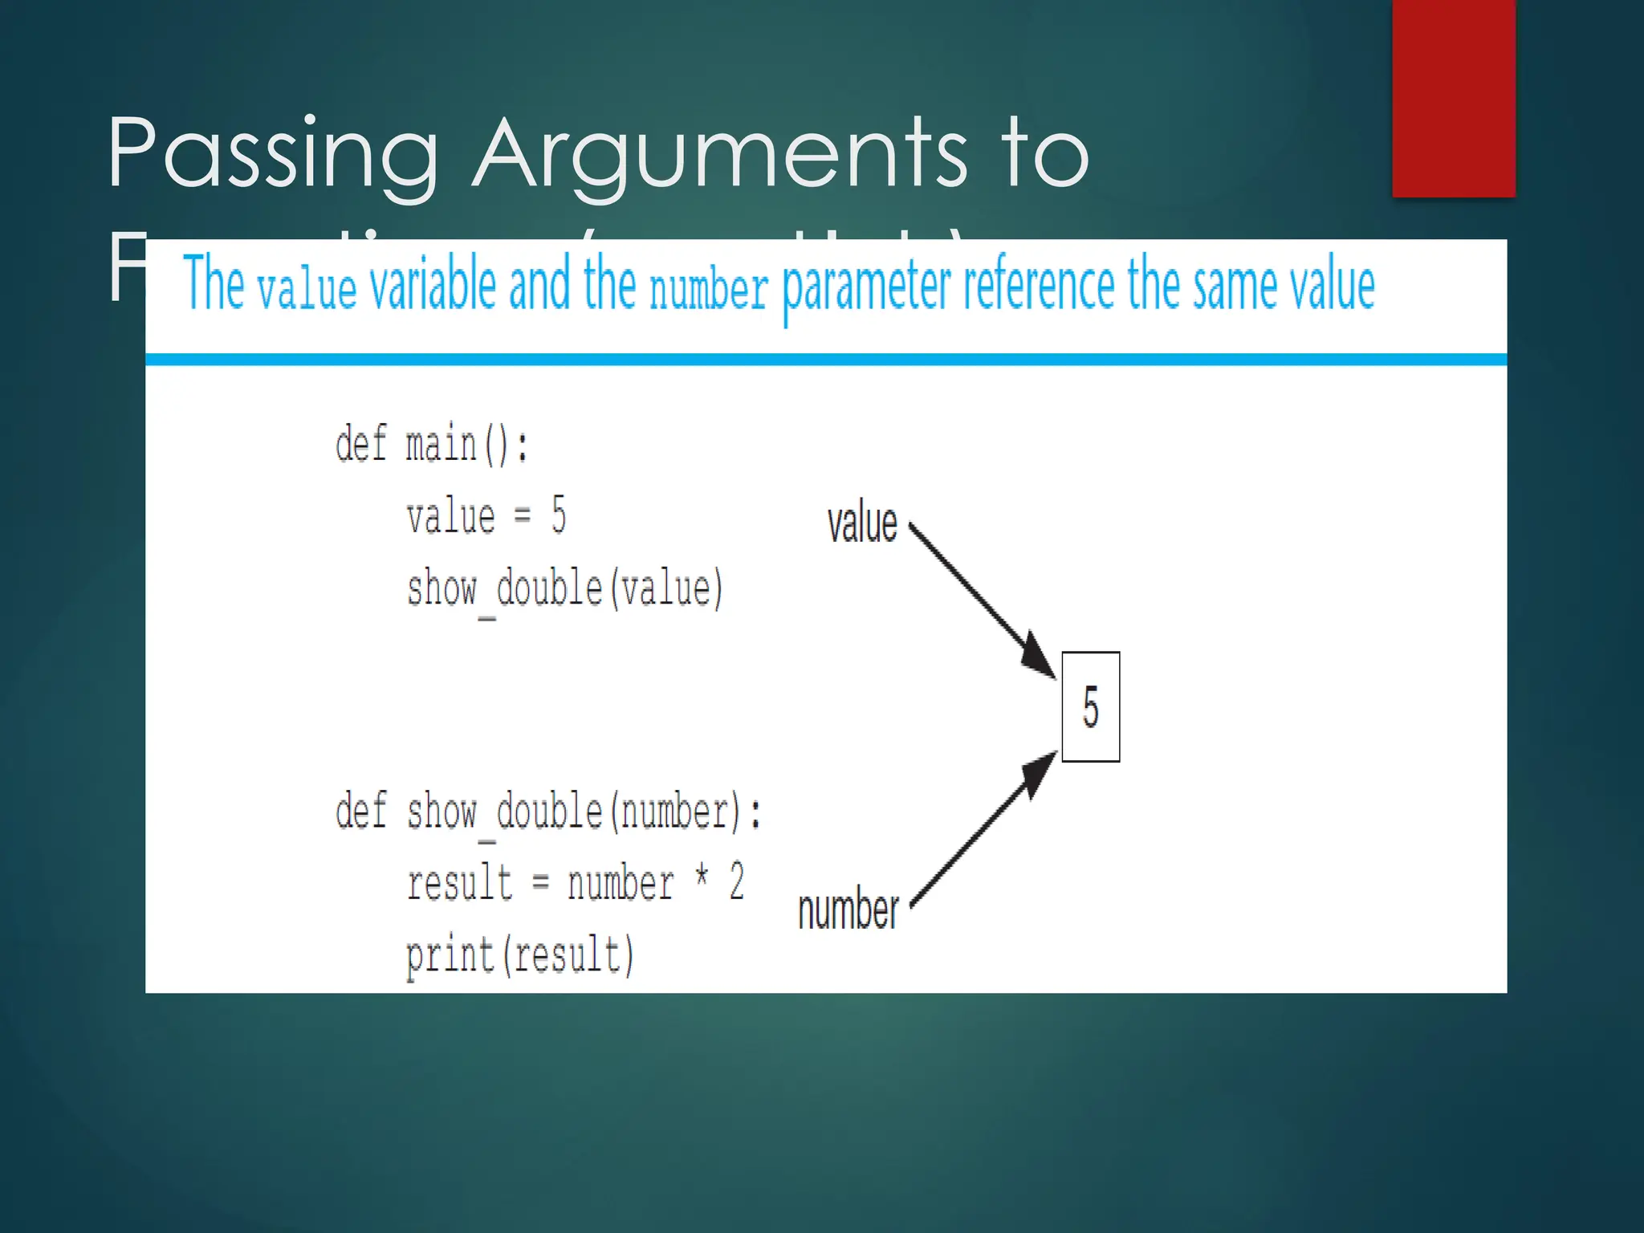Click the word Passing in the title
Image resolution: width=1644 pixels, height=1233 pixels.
273,153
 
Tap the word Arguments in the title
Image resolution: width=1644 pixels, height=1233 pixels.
719,153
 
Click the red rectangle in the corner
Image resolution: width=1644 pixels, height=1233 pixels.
1453,96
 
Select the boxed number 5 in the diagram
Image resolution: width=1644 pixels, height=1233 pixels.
1090,706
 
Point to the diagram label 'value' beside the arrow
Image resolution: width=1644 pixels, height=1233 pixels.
862,523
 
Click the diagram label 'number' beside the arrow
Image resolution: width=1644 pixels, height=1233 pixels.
848,910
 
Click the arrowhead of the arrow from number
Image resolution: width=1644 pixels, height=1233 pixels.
1040,771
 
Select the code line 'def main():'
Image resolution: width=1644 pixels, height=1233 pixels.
432,444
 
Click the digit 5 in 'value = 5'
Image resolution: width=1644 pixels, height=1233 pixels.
559,515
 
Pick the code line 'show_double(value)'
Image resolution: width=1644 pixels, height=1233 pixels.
564,589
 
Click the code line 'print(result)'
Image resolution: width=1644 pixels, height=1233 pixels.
519,955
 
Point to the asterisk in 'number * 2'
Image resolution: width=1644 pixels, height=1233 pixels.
702,875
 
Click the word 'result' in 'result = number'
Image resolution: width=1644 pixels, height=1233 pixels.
459,883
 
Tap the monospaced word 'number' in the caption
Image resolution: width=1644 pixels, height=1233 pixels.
708,289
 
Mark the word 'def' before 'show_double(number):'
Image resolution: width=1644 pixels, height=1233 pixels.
360,811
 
